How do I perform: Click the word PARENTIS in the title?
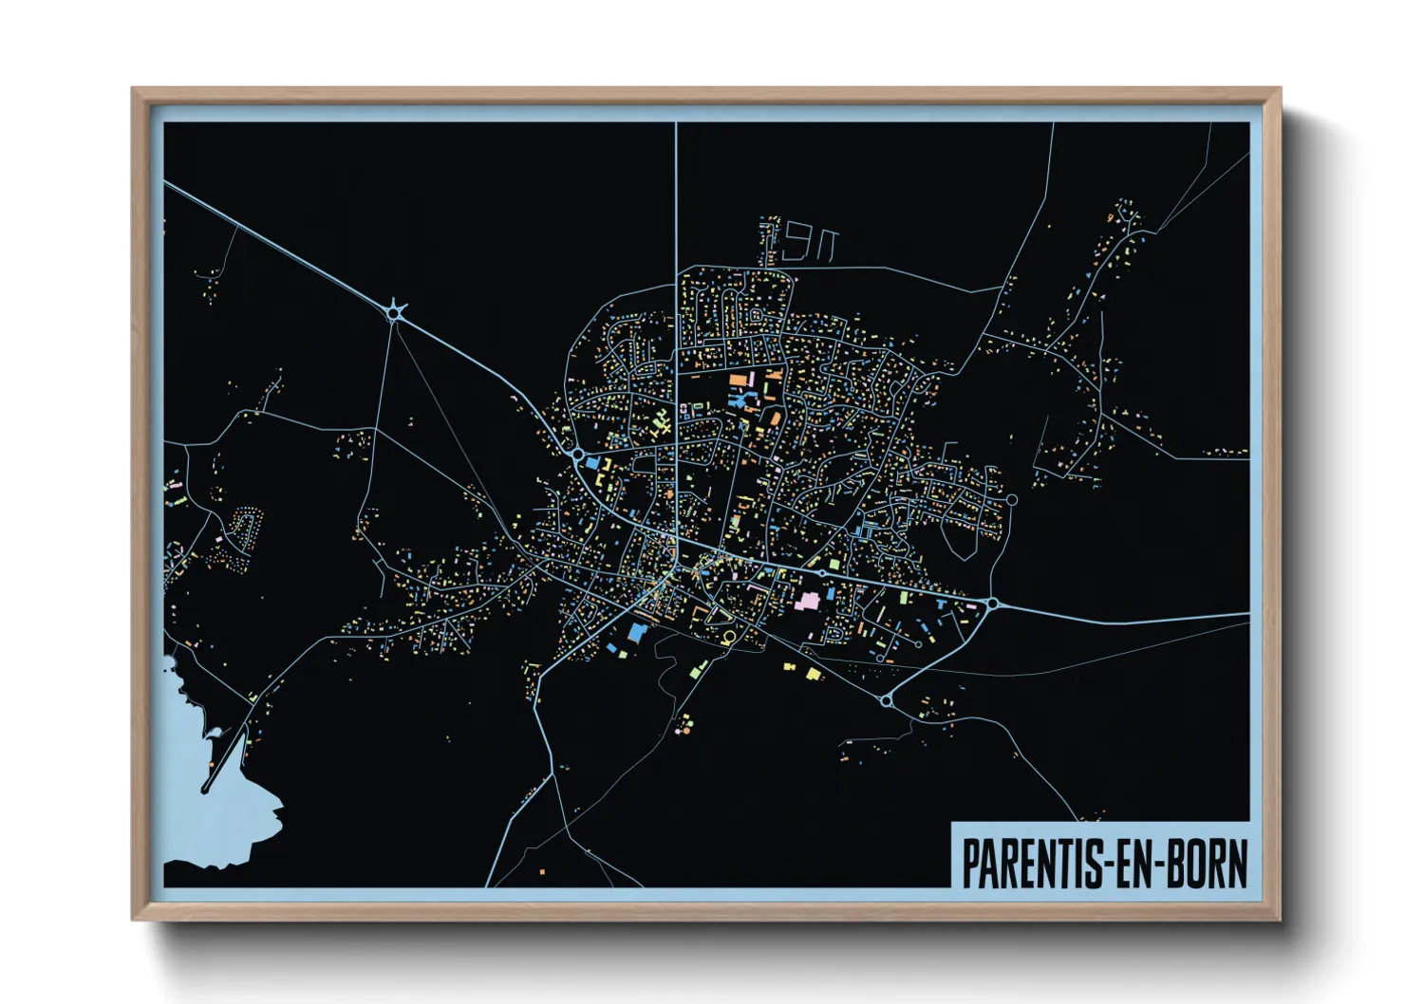tap(1030, 864)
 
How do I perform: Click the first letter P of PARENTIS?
tap(972, 864)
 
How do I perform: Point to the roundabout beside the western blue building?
tap(577, 456)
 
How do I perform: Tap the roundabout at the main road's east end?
tap(992, 603)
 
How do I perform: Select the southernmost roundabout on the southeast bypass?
tap(886, 701)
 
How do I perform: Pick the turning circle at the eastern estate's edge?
tap(1011, 499)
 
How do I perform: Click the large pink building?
tap(808, 601)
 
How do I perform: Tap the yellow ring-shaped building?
tap(728, 637)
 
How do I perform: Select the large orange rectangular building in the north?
tap(736, 381)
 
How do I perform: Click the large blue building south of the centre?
tap(634, 633)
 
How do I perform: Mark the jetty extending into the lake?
tap(224, 759)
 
